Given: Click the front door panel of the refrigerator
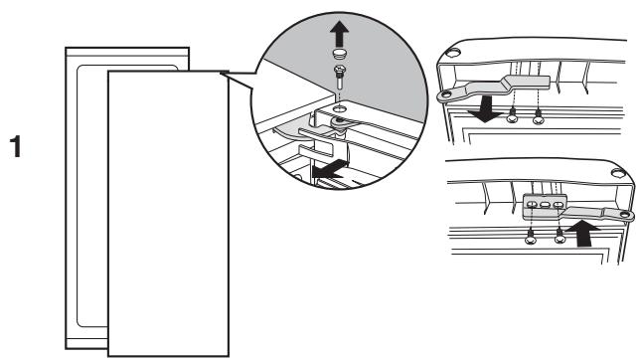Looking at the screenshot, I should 169,209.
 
